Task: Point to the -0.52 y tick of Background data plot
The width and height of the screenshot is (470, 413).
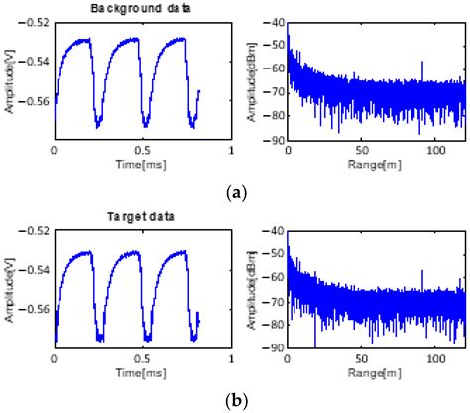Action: (34, 22)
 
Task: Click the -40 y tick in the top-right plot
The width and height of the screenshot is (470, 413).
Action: (273, 22)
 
